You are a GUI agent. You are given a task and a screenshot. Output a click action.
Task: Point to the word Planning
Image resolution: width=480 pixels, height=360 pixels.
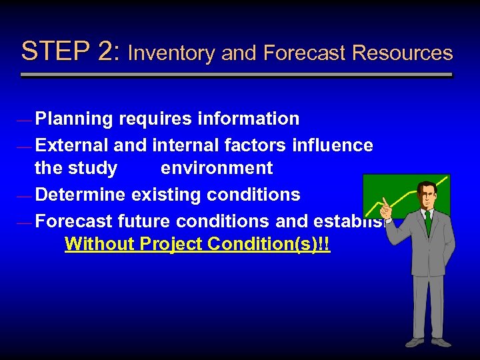[x=74, y=119]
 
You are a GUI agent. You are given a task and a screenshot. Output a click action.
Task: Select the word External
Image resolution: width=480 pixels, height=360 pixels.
[x=72, y=145]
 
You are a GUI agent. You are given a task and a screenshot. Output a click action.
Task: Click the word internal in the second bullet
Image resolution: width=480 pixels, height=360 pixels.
[x=183, y=145]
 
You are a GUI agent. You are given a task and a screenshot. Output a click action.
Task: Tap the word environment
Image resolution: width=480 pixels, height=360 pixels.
[x=217, y=168]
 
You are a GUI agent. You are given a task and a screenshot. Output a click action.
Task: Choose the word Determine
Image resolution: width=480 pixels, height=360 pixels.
[x=81, y=195]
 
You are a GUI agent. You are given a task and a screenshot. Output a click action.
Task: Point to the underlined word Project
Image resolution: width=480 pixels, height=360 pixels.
[x=171, y=245]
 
